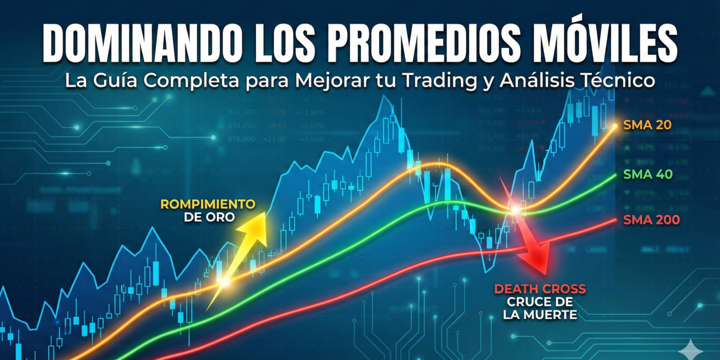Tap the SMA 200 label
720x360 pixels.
point(651,220)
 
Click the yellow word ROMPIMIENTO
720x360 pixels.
point(208,204)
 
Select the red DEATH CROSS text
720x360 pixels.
point(540,289)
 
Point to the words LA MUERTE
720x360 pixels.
point(540,315)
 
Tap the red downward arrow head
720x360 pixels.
point(535,259)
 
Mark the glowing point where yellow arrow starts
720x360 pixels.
point(224,281)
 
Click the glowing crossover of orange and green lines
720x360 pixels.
point(514,210)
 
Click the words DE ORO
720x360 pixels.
point(209,217)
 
